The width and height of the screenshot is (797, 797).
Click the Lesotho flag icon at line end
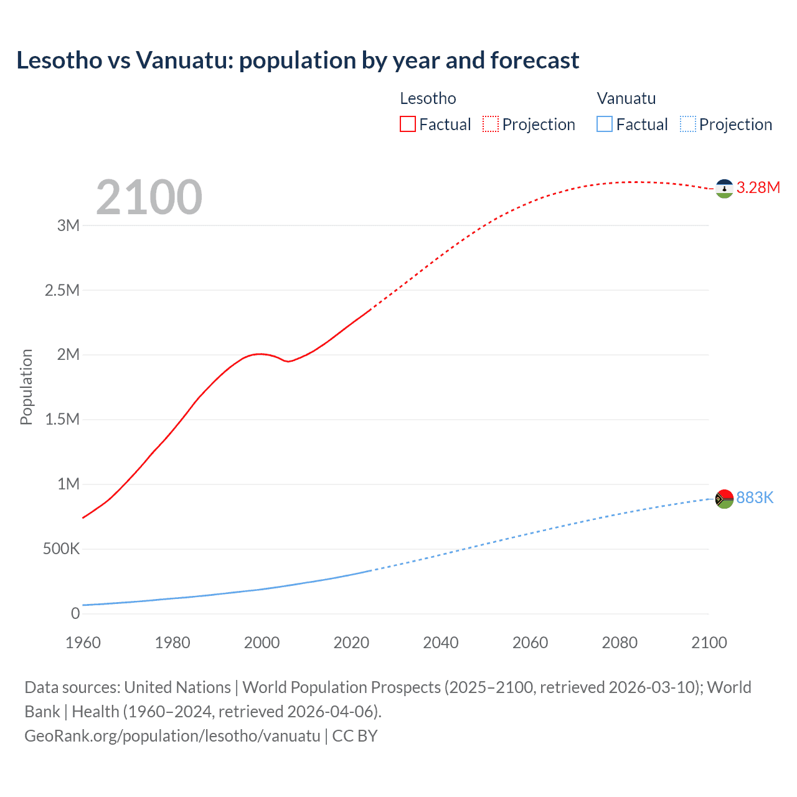coord(724,189)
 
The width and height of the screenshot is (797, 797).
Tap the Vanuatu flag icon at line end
coord(724,499)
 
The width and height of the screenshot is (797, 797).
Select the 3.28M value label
coord(758,187)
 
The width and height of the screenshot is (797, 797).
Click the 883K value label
coord(755,498)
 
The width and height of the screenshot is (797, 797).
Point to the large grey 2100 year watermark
coord(149,197)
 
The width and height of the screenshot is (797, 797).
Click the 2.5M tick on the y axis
coord(62,290)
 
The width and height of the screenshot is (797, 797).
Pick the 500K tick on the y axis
coord(61,549)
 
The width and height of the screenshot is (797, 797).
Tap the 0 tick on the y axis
coord(75,614)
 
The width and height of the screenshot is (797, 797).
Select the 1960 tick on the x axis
coord(83,643)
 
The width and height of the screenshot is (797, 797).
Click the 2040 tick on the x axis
coord(441,643)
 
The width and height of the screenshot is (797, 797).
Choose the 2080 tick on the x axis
coord(620,643)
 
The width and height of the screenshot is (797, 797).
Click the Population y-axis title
coord(26,387)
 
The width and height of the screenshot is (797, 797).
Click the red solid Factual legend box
coord(408,125)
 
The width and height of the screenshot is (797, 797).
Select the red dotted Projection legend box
coord(491,125)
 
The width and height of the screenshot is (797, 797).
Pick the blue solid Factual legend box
coord(605,125)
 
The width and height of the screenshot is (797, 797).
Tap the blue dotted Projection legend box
coord(688,125)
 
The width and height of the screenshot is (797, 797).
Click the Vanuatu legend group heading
coord(626,98)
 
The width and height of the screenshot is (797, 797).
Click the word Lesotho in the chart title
coord(59,60)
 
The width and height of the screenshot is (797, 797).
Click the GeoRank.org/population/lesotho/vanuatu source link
coord(172,736)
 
